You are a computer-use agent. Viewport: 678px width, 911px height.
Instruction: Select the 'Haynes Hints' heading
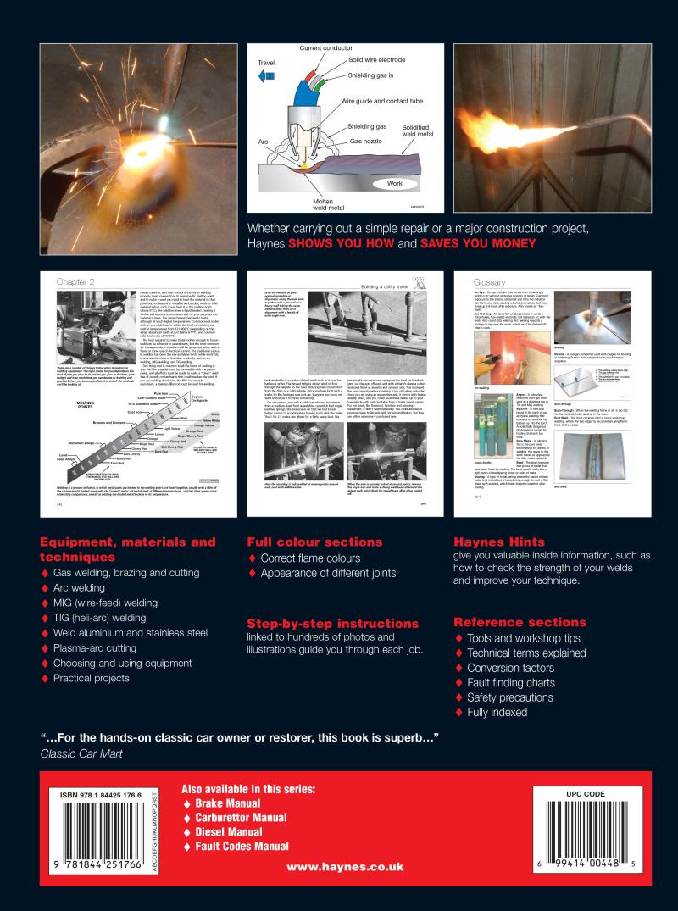[498, 541]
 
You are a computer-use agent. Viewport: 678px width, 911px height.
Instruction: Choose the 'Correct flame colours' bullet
[310, 558]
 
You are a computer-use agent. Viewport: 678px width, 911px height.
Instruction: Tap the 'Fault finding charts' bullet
[511, 682]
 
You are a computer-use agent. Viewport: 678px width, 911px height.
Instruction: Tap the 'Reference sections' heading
[518, 621]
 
